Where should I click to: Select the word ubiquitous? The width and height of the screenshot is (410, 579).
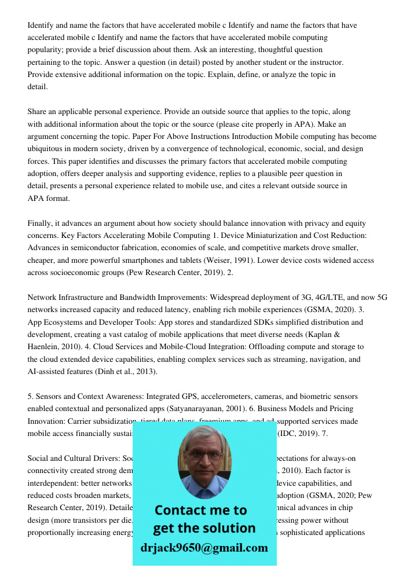pos(47,149)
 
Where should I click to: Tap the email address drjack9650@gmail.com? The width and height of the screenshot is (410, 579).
pos(204,548)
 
